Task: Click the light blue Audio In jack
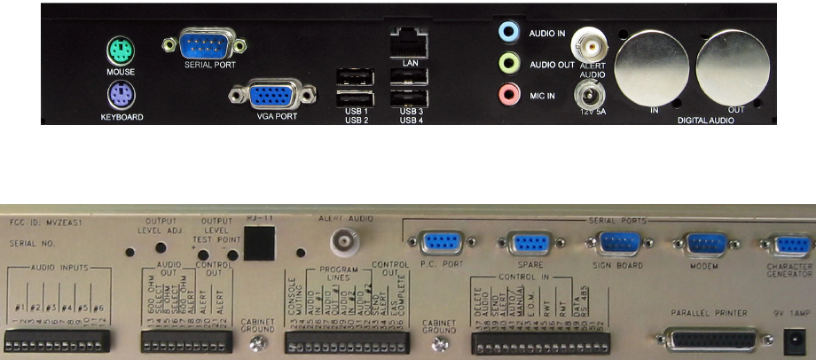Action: (x=507, y=33)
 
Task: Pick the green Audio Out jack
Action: (x=507, y=62)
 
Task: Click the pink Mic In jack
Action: (x=507, y=91)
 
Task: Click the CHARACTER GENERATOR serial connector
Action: (x=785, y=245)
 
